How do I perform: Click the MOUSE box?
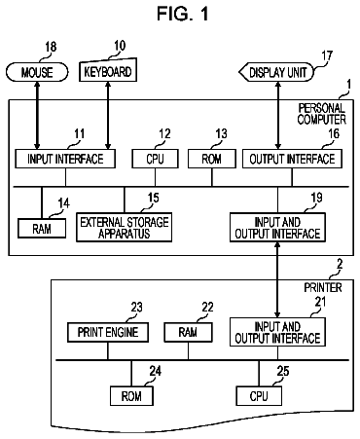coord(37,72)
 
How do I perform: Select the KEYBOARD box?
coord(108,70)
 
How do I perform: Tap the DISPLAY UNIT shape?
coord(277,72)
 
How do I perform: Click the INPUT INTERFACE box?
coord(65,159)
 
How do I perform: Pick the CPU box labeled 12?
coord(155,159)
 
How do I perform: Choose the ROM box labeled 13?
coord(212,159)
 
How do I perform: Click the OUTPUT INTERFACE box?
coord(292,159)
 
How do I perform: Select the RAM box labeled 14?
coord(42,229)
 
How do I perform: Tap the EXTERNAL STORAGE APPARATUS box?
coord(125,227)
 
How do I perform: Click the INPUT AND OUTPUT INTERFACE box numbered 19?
coord(277,227)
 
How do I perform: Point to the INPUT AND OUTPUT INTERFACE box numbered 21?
coord(277,332)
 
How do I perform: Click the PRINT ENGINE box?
coord(108,332)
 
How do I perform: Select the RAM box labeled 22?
coord(188,332)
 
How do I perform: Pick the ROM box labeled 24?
coord(131,396)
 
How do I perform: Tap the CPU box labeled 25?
coord(259,396)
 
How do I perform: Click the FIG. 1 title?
coord(183,14)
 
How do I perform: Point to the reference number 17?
coord(327,55)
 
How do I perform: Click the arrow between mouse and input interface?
coord(37,115)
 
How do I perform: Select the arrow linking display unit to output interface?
coord(278,115)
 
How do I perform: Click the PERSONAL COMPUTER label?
coord(322,114)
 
